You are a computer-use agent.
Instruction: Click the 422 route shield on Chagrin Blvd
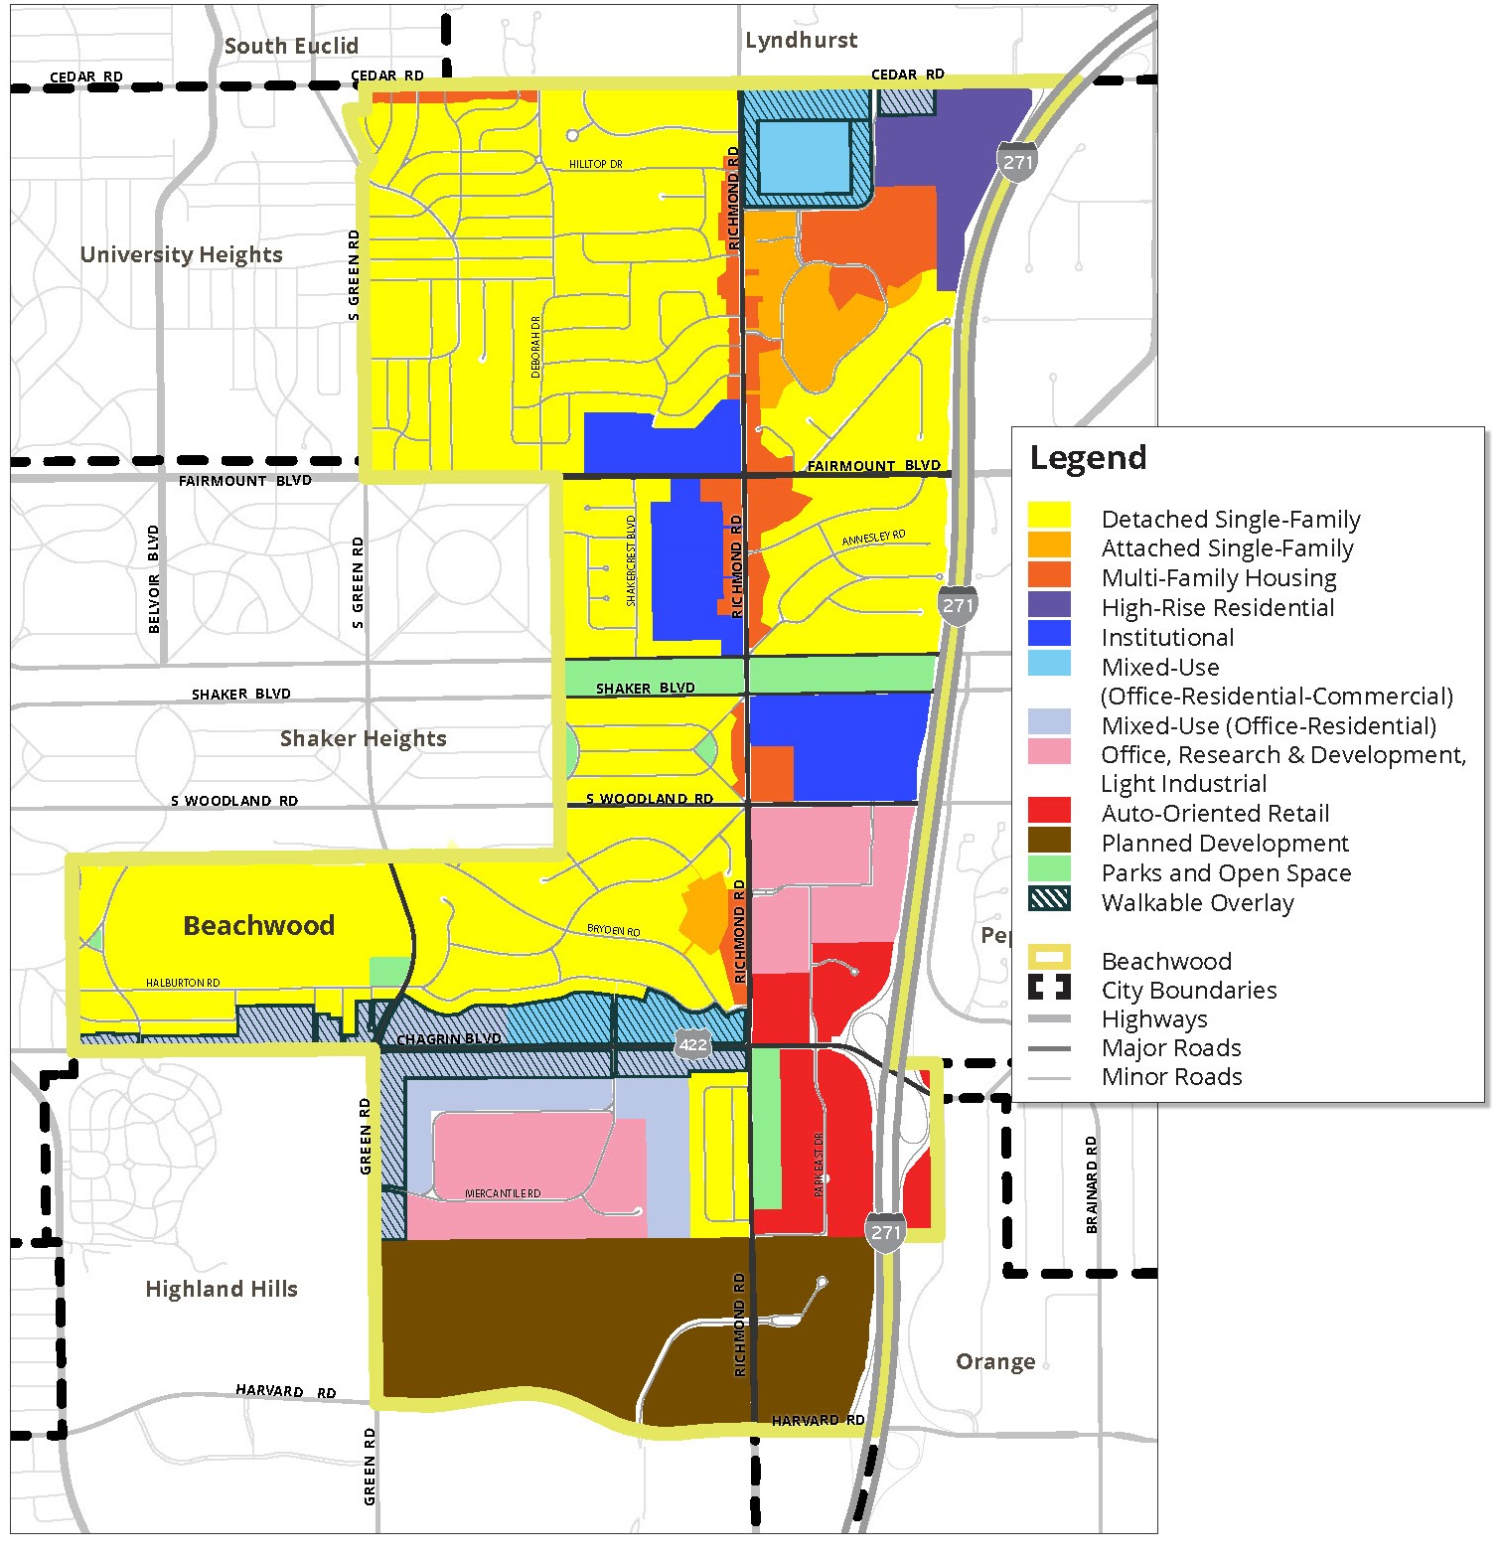[692, 1043]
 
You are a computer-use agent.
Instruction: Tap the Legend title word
[1088, 458]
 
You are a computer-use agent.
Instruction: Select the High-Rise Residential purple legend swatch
[1049, 605]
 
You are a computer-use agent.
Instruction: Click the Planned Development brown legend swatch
[1049, 841]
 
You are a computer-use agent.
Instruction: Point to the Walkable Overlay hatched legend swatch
[1049, 899]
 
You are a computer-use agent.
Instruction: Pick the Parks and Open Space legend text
[1226, 872]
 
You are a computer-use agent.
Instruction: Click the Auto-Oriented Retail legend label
[1215, 813]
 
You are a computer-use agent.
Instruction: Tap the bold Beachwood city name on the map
[258, 925]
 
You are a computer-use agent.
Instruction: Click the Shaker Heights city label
[363, 738]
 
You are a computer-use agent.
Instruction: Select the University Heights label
[181, 254]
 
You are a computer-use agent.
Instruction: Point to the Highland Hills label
[222, 1289]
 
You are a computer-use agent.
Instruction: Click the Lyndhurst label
[801, 41]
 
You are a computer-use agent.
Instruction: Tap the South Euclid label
[291, 46]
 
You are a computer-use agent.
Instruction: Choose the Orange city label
[995, 1361]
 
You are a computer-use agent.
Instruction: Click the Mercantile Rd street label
[503, 1193]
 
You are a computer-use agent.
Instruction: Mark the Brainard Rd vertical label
[1093, 1184]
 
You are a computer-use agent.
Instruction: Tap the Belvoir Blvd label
[154, 579]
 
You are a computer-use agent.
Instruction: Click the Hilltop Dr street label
[595, 164]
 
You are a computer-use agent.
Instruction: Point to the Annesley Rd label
[874, 538]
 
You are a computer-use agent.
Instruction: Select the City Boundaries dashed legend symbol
[1049, 988]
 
